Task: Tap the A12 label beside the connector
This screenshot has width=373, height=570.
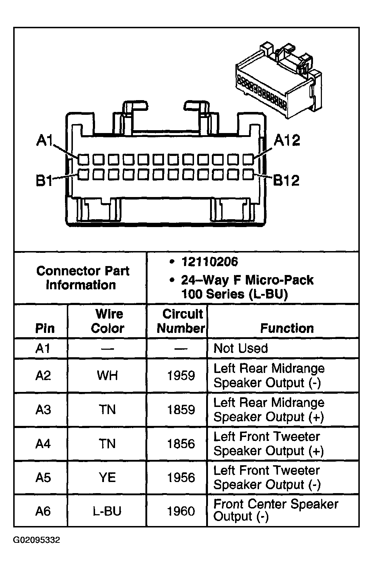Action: click(x=287, y=141)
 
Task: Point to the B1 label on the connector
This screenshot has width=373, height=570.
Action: click(x=44, y=181)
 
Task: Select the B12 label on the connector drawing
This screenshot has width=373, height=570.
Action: click(x=286, y=181)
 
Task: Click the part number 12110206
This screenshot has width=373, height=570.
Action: click(x=209, y=262)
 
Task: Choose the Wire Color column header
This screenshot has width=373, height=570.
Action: click(x=108, y=321)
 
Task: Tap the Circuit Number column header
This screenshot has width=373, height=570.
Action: click(x=181, y=321)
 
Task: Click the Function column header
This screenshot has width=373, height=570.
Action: click(x=287, y=328)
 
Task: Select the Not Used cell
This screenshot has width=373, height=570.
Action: click(x=240, y=348)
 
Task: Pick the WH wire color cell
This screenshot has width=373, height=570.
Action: click(x=107, y=375)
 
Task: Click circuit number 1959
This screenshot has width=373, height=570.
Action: click(x=181, y=375)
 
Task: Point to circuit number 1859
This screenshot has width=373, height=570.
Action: click(x=181, y=409)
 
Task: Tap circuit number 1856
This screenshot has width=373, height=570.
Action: click(x=181, y=444)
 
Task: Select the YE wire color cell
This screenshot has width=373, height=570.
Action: click(x=107, y=478)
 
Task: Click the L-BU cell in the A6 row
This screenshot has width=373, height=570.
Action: click(x=107, y=511)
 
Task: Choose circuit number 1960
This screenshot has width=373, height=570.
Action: click(x=181, y=511)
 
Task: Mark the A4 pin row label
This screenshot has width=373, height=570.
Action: click(x=43, y=444)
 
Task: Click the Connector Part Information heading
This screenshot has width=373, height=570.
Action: click(x=82, y=278)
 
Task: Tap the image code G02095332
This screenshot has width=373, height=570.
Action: click(x=37, y=540)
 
